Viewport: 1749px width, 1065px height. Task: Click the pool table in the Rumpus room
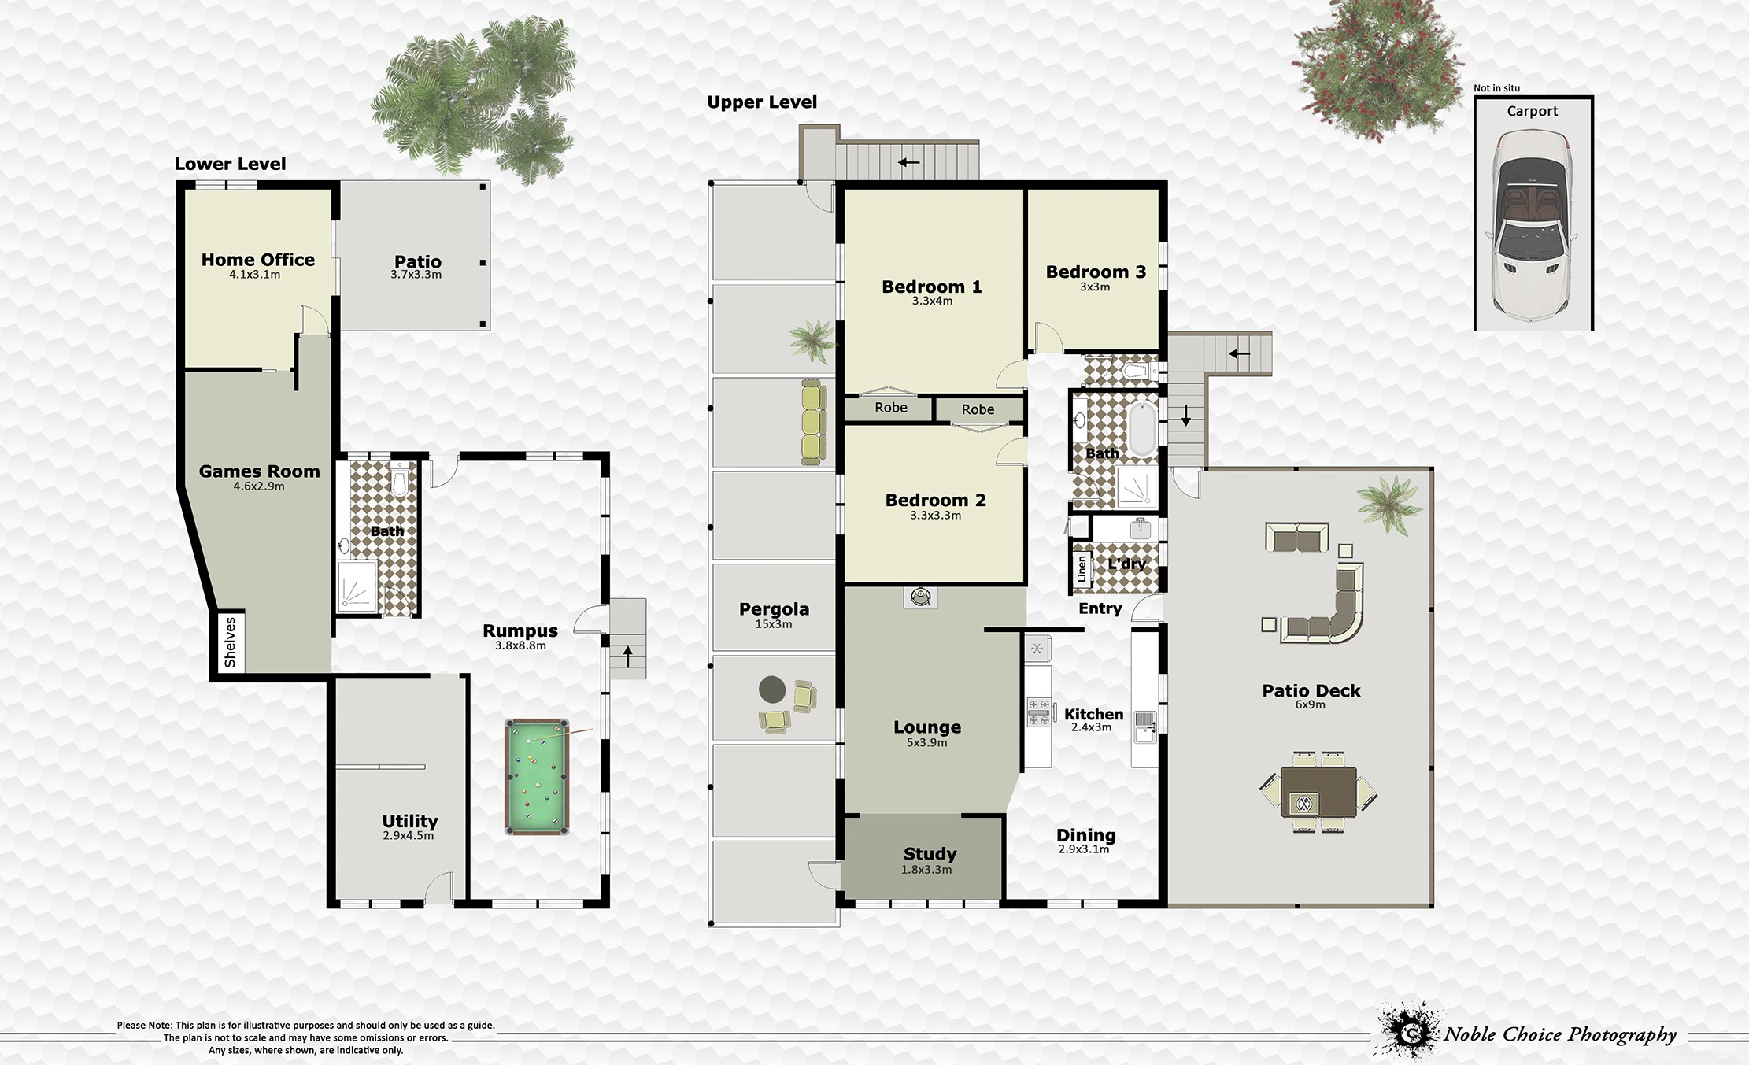[x=537, y=777]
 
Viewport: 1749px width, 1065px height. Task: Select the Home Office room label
[x=257, y=260]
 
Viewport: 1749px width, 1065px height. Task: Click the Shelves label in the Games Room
[x=230, y=642]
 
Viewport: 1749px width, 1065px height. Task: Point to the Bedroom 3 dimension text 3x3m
[x=1095, y=287]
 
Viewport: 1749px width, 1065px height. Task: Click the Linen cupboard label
[x=1082, y=568]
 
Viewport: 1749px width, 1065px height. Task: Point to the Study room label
[x=930, y=854]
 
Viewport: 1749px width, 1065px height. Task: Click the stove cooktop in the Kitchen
[x=1038, y=712]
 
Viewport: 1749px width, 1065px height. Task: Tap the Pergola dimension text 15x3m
[x=774, y=625]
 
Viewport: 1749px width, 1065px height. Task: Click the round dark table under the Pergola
[x=772, y=690]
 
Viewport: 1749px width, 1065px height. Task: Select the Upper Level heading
[x=762, y=102]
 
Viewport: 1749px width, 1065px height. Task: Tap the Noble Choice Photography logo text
[x=1559, y=1034]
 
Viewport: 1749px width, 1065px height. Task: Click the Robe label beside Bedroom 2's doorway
[x=978, y=409]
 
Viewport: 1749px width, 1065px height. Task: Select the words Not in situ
[x=1496, y=88]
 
